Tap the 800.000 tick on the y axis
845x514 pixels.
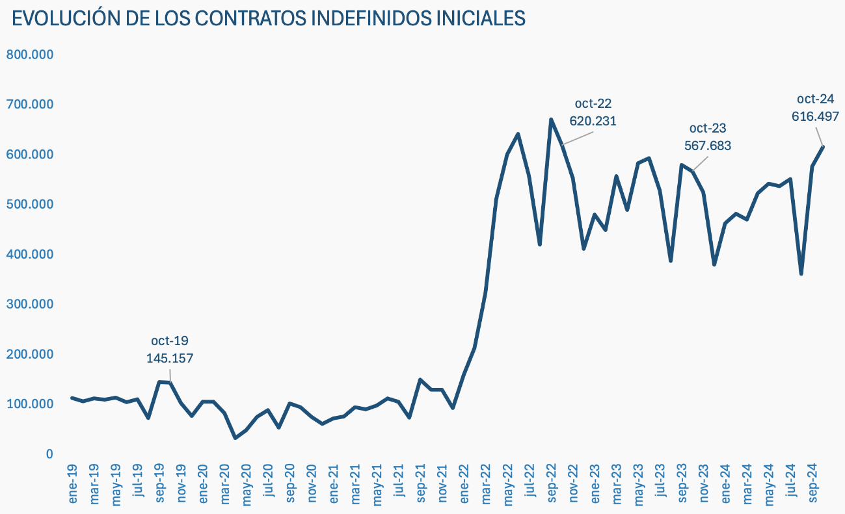[x=29, y=55]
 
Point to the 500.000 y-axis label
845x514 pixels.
[x=29, y=204]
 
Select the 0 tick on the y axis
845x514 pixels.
[x=49, y=454]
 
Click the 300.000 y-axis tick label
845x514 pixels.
[x=29, y=304]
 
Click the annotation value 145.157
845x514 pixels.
[x=170, y=358]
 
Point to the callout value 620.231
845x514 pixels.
[x=593, y=121]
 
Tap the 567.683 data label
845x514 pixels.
[x=707, y=146]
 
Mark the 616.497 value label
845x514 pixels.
[x=815, y=117]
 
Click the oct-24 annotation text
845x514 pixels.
[x=815, y=99]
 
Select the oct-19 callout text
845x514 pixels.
[x=170, y=341]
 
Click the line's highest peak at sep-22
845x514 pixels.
[x=551, y=120]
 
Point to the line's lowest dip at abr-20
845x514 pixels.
[x=235, y=438]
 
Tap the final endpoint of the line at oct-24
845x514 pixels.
[x=824, y=146]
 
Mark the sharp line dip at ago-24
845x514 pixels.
[x=801, y=274]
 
